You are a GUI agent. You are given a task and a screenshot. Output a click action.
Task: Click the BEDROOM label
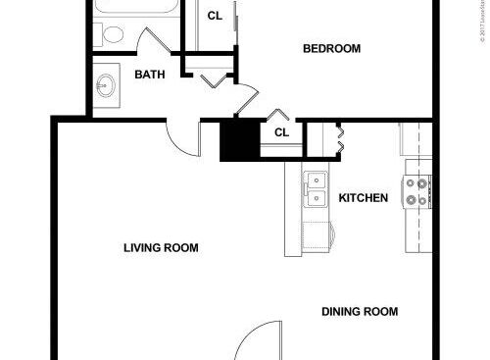tap(331, 49)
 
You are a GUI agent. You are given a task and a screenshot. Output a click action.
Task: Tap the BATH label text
tap(149, 75)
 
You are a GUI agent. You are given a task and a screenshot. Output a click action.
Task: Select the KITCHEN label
tap(363, 198)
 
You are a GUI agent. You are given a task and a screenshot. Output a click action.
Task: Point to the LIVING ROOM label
tap(161, 248)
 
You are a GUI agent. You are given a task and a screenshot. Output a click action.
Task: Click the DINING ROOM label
tap(360, 312)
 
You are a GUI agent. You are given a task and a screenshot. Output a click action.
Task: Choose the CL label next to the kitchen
tap(281, 132)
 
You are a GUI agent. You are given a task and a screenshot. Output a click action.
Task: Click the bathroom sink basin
tap(105, 85)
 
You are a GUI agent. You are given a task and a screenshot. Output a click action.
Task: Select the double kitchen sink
tap(316, 190)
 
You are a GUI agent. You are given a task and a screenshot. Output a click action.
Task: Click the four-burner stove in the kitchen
tap(417, 190)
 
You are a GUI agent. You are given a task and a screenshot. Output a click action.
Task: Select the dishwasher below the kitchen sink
tap(317, 235)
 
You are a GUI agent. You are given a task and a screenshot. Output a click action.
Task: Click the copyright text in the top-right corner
tap(483, 22)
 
